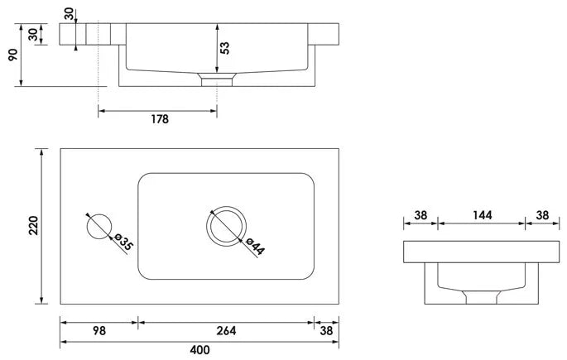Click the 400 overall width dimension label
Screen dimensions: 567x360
click(x=199, y=350)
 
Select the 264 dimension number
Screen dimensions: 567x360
click(x=226, y=331)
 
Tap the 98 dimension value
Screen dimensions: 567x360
click(x=99, y=331)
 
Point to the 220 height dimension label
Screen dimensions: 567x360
click(x=33, y=226)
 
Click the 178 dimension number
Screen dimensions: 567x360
click(x=160, y=119)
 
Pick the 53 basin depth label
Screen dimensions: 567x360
click(x=224, y=48)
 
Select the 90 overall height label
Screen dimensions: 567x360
click(x=13, y=55)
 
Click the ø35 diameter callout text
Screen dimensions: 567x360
click(x=123, y=242)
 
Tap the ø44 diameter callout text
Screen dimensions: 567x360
click(x=255, y=247)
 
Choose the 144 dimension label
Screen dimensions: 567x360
click(x=483, y=215)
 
